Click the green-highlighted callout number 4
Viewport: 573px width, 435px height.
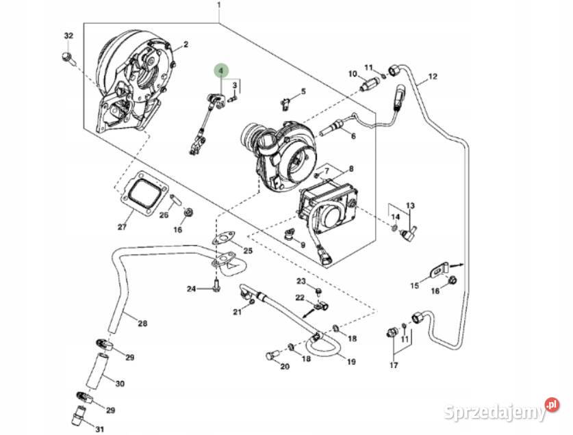point(220,72)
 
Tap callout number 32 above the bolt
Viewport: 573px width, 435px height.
point(68,36)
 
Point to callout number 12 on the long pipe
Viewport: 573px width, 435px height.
point(432,77)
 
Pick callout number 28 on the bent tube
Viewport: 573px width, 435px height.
point(142,323)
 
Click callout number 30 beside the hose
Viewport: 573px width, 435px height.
point(120,384)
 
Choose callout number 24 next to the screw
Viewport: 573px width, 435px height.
point(192,290)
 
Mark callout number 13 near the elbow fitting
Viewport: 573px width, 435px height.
point(410,206)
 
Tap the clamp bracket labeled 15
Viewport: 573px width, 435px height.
point(439,270)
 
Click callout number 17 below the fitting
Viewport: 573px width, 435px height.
point(394,365)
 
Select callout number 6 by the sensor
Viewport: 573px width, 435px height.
point(353,135)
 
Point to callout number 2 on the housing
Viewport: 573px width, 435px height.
point(185,46)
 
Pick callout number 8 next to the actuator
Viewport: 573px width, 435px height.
point(351,169)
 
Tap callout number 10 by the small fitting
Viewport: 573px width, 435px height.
point(353,74)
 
